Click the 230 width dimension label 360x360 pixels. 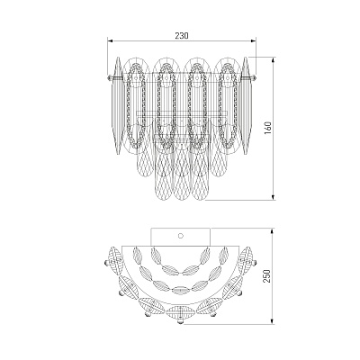pyautogui.click(x=182, y=36)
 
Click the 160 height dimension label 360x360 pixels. pyautogui.click(x=268, y=128)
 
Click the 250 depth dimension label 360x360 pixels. pyautogui.click(x=267, y=276)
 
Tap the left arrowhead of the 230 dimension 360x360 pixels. pyautogui.click(x=110, y=40)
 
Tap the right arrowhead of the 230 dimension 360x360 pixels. pyautogui.click(x=254, y=40)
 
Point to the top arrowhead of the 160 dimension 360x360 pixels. pyautogui.click(x=273, y=59)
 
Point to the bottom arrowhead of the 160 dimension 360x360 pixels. pyautogui.click(x=273, y=197)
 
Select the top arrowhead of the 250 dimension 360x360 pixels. pyautogui.click(x=273, y=231)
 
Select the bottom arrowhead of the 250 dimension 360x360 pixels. pyautogui.click(x=273, y=321)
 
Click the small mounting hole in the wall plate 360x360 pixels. pyautogui.click(x=181, y=236)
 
